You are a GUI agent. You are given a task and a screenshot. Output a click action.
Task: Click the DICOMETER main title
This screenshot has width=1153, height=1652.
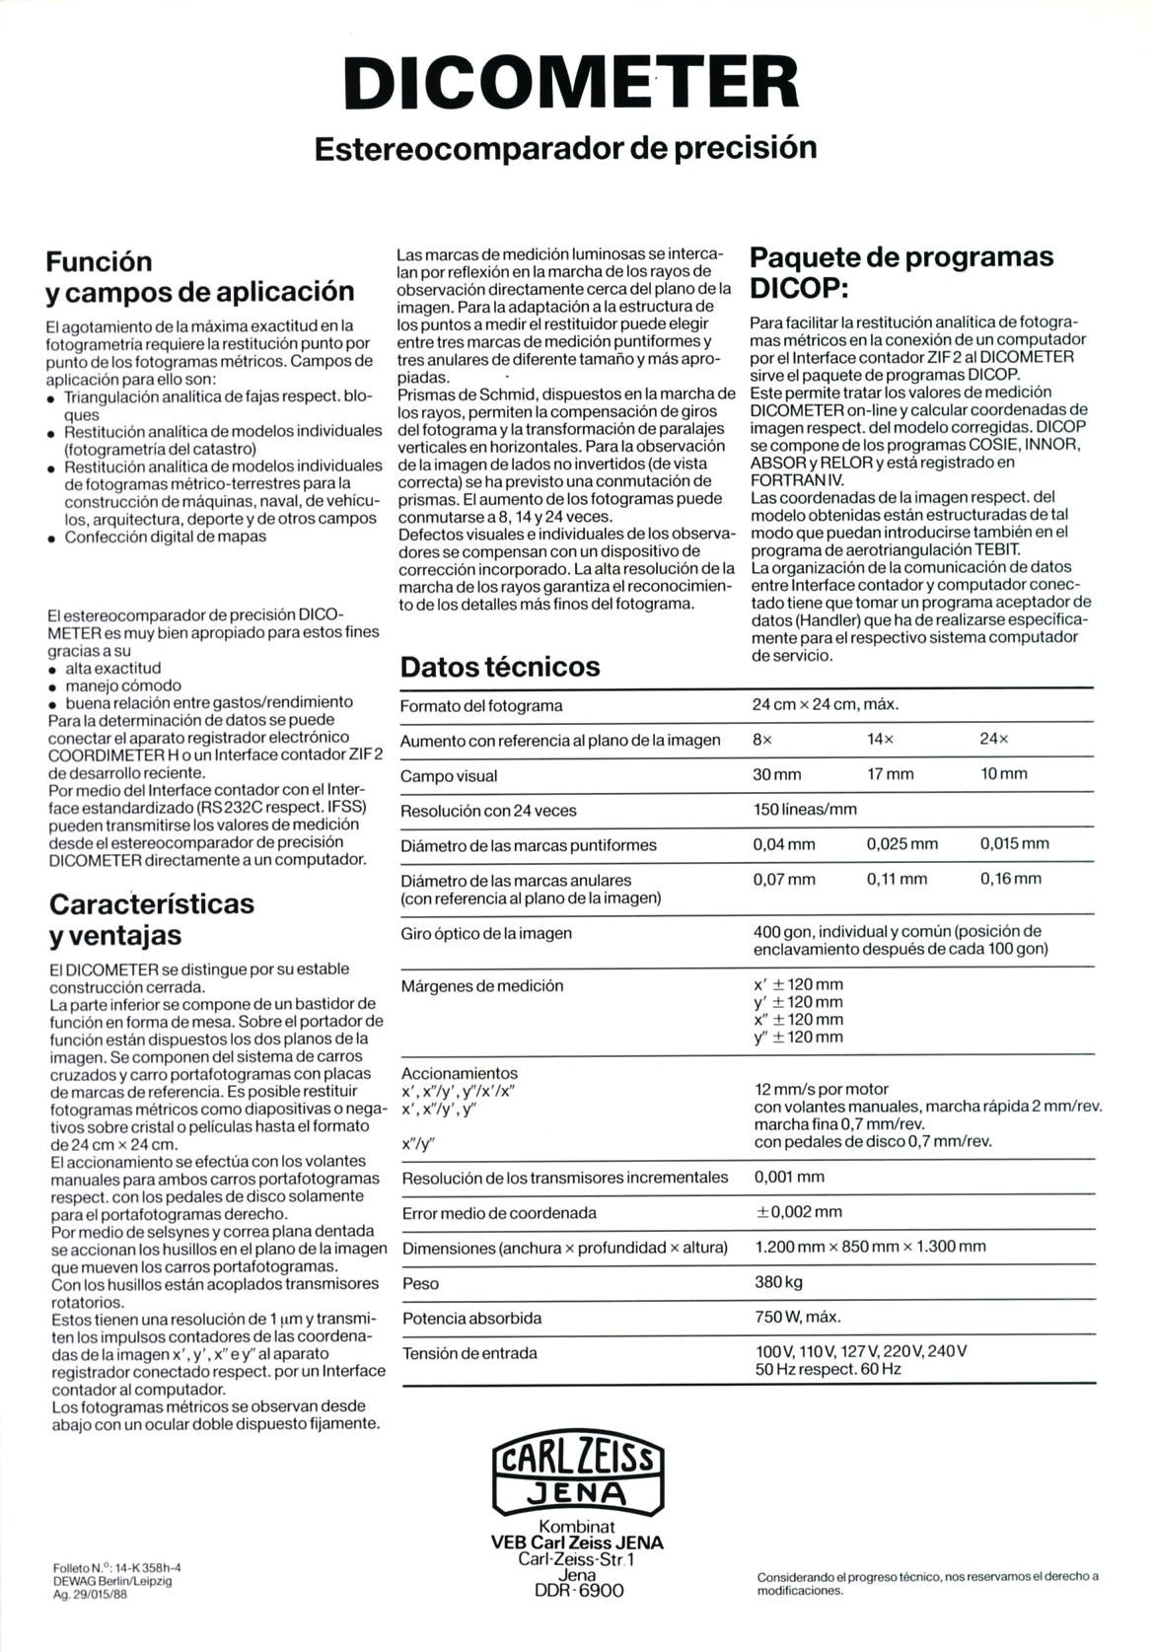point(576,82)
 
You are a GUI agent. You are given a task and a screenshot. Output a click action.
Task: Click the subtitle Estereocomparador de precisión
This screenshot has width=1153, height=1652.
point(565,148)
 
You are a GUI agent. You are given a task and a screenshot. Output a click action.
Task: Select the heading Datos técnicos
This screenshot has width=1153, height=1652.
point(499,667)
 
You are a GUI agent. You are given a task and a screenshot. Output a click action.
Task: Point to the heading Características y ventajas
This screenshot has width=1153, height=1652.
point(152,918)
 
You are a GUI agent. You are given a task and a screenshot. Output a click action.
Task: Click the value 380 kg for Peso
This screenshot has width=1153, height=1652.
point(780,1282)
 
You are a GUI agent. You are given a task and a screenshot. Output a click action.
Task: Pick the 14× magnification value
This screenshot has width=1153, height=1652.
point(881,739)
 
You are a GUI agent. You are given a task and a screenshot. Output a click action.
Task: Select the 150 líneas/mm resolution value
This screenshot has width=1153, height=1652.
point(805,809)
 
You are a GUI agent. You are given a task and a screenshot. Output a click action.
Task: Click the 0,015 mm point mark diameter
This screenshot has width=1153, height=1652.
point(1015,843)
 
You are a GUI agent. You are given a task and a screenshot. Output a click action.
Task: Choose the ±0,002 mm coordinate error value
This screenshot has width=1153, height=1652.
point(798,1211)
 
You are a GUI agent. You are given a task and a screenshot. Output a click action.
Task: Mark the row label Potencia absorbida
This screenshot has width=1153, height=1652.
point(471,1318)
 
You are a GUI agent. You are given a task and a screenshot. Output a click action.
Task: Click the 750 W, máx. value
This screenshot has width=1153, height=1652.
point(798,1317)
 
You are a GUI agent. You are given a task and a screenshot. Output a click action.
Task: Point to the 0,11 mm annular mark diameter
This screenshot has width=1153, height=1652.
point(897,879)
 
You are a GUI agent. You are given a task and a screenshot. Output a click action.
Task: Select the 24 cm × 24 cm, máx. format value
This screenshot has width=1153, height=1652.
point(826,704)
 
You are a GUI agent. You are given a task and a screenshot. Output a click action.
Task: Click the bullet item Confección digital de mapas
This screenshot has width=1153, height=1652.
point(165,537)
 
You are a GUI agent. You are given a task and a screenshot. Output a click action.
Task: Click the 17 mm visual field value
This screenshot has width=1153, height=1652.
point(890,774)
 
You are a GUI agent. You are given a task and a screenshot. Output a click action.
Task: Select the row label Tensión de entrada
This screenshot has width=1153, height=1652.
point(469,1353)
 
